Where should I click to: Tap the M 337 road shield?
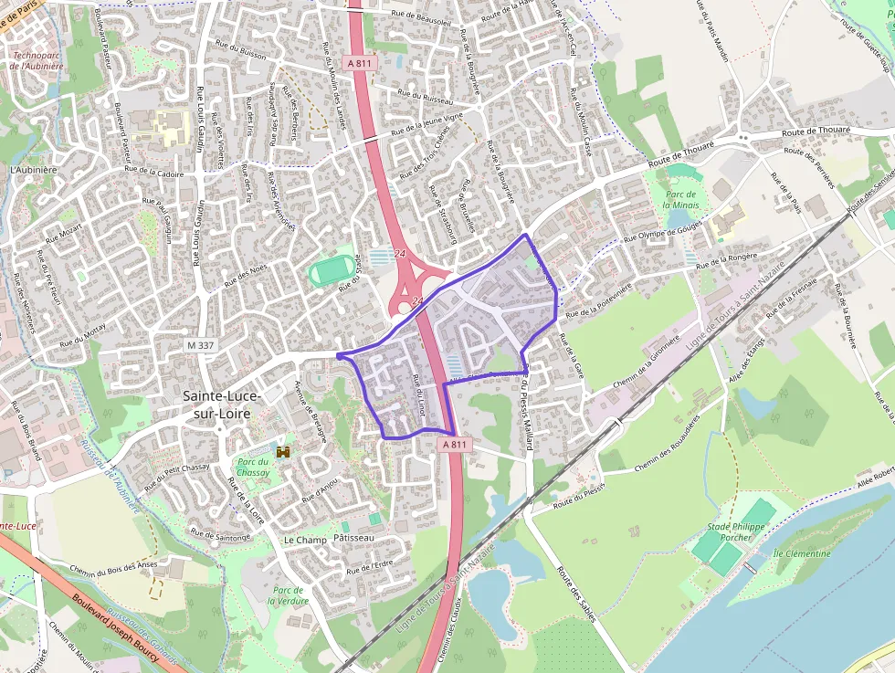(x=199, y=345)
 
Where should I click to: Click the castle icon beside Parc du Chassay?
(x=284, y=452)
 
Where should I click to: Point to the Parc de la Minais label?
(x=681, y=200)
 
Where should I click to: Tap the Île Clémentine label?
(x=802, y=553)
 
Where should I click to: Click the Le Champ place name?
(x=305, y=540)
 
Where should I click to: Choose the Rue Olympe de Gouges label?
(x=662, y=232)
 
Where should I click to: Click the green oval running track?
(x=328, y=272)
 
